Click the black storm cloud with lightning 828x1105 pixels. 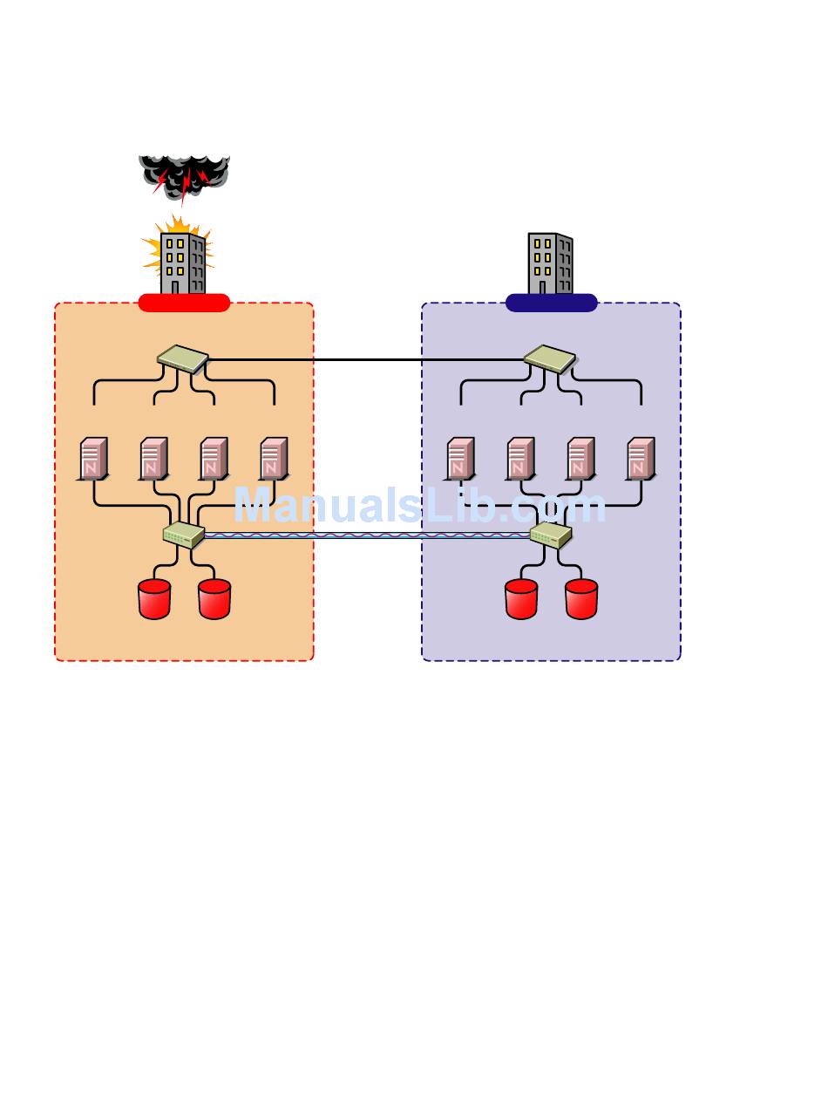tap(184, 177)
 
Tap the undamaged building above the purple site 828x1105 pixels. tap(550, 263)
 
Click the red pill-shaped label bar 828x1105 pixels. tap(184, 303)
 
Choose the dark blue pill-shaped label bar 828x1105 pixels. tap(552, 303)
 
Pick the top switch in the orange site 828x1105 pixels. tap(183, 358)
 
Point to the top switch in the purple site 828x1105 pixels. tap(550, 358)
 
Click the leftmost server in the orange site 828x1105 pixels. tap(93, 459)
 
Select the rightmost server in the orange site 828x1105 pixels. tap(274, 459)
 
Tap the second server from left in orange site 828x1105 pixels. tap(153, 459)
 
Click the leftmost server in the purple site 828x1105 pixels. tap(460, 459)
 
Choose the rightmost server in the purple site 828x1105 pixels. tap(641, 459)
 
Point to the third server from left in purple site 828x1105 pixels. tap(580, 459)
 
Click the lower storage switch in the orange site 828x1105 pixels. tap(184, 535)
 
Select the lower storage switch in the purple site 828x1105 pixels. tap(551, 535)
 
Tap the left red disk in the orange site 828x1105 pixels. tap(154, 599)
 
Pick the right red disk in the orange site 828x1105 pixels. tap(214, 599)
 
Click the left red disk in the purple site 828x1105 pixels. tap(521, 599)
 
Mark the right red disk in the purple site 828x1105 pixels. tap(581, 599)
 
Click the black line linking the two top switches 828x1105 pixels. tap(366, 360)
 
